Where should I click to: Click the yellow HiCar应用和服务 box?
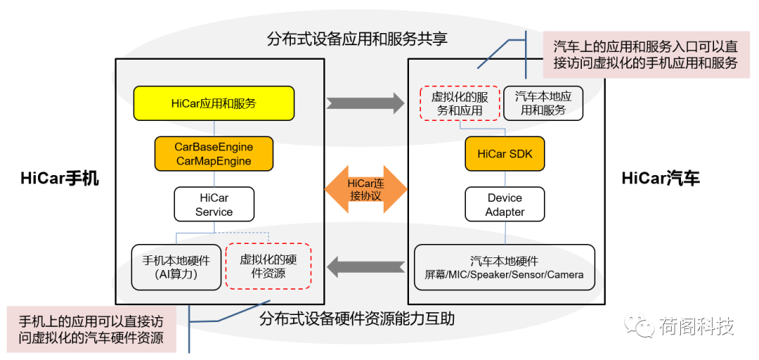tap(214, 103)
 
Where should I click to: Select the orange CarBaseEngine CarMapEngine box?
tap(214, 153)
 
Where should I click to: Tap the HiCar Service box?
tap(214, 205)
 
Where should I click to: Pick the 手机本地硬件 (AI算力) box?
tap(176, 267)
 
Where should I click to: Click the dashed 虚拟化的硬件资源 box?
tap(268, 267)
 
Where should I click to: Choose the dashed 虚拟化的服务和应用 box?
tap(460, 103)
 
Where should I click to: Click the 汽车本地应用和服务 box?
tap(543, 103)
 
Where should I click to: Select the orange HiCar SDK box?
tap(505, 153)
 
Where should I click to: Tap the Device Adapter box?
tap(505, 205)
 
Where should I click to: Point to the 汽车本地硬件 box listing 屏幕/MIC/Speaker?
tap(505, 268)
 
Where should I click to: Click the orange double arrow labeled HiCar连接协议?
tap(366, 189)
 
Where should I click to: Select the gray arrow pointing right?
tap(365, 103)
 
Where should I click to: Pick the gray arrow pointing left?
tap(366, 266)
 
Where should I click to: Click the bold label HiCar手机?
tap(59, 179)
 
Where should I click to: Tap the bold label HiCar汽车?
tap(661, 179)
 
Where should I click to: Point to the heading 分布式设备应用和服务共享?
tap(357, 39)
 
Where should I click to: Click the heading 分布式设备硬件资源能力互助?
tap(357, 319)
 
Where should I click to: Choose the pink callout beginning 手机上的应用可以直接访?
tap(91, 330)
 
